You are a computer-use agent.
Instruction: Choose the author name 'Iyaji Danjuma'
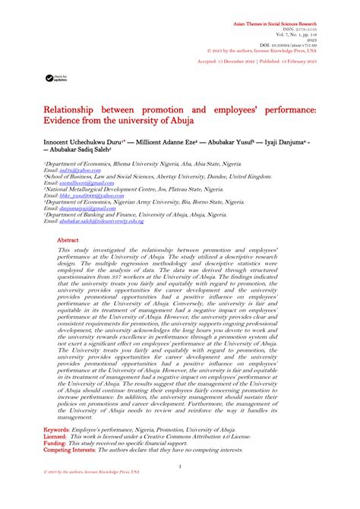(x=289, y=142)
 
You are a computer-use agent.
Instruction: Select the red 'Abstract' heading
(x=68, y=239)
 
